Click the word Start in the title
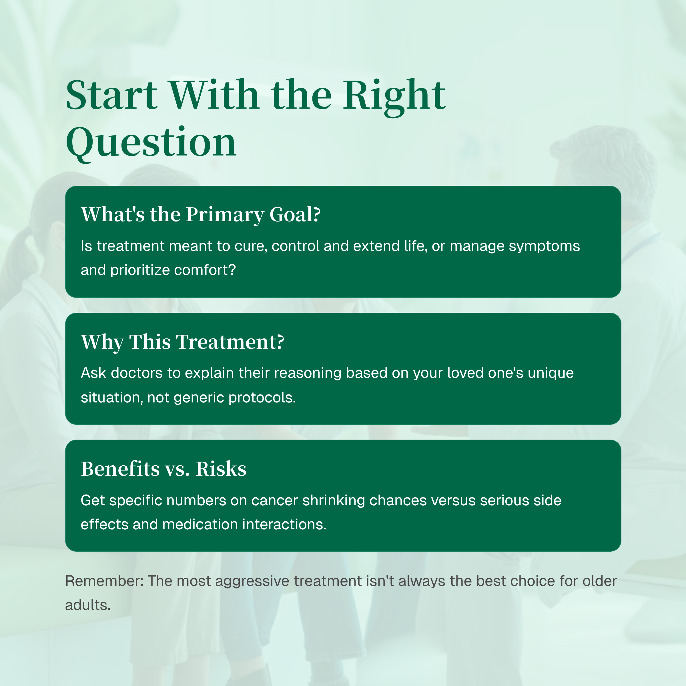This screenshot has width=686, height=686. click(111, 95)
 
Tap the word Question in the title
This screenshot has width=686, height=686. click(151, 143)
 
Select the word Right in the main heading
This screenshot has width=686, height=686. click(394, 95)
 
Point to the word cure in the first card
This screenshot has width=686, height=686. click(250, 246)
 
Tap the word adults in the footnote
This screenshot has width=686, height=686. click(87, 605)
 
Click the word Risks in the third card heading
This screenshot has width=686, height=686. click(221, 469)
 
